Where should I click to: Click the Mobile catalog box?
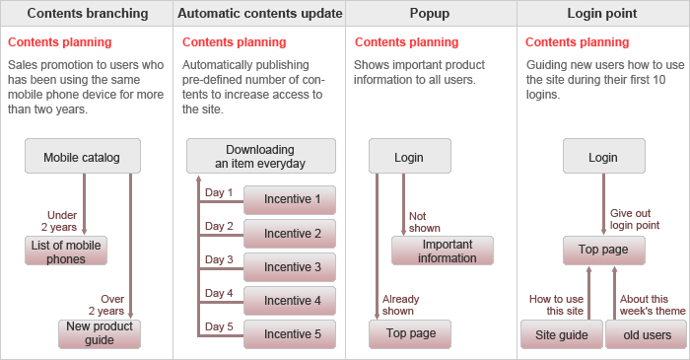(83, 156)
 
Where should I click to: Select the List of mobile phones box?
(66, 251)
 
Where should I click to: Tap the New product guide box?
(100, 334)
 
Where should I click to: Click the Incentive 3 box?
(290, 267)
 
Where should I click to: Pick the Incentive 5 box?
(290, 334)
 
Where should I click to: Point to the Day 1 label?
(219, 192)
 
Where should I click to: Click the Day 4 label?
(219, 293)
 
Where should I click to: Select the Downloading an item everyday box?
(261, 156)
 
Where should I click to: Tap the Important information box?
(443, 251)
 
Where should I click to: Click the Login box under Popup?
(410, 156)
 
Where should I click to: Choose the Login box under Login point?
(604, 156)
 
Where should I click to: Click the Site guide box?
(562, 334)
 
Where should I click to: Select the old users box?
(646, 334)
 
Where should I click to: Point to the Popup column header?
(430, 13)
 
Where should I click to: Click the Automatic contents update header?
(259, 13)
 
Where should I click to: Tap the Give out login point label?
(635, 219)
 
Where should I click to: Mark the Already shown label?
(400, 305)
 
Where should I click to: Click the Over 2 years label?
(106, 305)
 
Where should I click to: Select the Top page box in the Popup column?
(410, 334)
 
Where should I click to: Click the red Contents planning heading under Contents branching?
(60, 42)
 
